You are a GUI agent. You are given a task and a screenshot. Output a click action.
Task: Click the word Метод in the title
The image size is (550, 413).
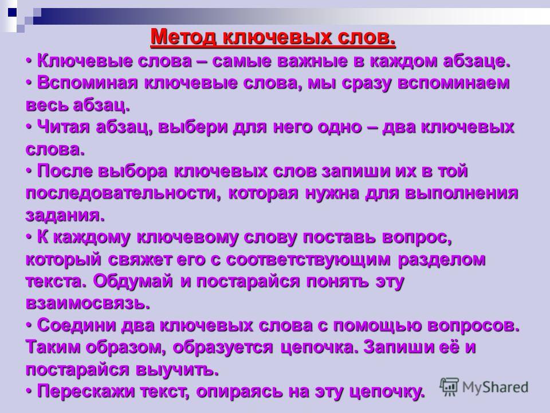click(x=183, y=37)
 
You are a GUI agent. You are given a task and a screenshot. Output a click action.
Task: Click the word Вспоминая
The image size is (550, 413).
click(x=87, y=83)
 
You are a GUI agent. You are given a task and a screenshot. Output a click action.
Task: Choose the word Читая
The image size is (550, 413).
click(x=63, y=127)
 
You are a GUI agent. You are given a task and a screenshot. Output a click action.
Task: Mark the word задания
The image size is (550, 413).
click(x=65, y=215)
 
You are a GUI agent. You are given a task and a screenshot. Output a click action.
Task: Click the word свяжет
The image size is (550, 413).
click(x=140, y=259)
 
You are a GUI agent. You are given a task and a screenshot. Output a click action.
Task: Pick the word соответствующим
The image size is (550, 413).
click(x=308, y=260)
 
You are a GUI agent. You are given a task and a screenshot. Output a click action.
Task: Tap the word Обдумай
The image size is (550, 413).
click(x=133, y=281)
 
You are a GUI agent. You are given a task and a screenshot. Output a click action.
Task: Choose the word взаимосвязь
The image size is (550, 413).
click(x=88, y=303)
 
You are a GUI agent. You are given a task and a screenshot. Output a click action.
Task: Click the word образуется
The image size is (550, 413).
click(x=223, y=348)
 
